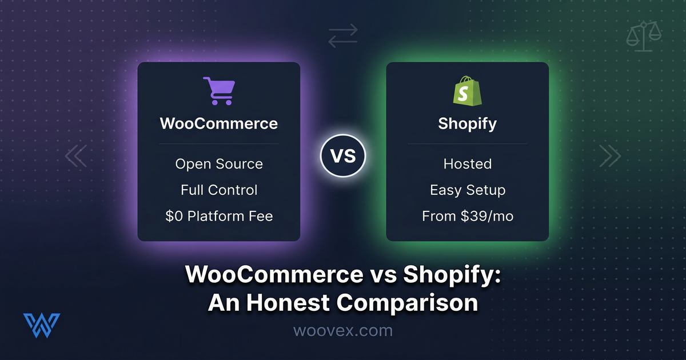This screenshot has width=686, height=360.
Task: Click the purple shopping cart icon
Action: [218, 91]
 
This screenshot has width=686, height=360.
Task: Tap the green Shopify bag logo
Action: [467, 91]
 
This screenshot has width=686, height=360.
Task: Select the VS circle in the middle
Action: [342, 155]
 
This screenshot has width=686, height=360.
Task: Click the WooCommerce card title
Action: [218, 123]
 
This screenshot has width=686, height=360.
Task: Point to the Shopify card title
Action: [467, 123]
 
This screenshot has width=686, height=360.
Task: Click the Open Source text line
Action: [218, 164]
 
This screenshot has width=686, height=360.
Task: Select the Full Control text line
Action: [218, 190]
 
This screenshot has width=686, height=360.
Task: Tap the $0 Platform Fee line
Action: [218, 216]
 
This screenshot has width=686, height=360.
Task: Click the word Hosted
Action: [467, 164]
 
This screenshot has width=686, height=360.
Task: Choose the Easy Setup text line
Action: [467, 190]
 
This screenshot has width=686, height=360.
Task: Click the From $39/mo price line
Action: [467, 216]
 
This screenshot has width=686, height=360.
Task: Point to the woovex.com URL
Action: [342, 330]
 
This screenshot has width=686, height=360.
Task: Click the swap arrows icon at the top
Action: [343, 35]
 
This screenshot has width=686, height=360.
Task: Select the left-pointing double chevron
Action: [75, 155]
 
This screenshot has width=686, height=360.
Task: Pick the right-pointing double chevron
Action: [609, 155]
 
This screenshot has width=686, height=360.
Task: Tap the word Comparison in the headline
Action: [408, 302]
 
